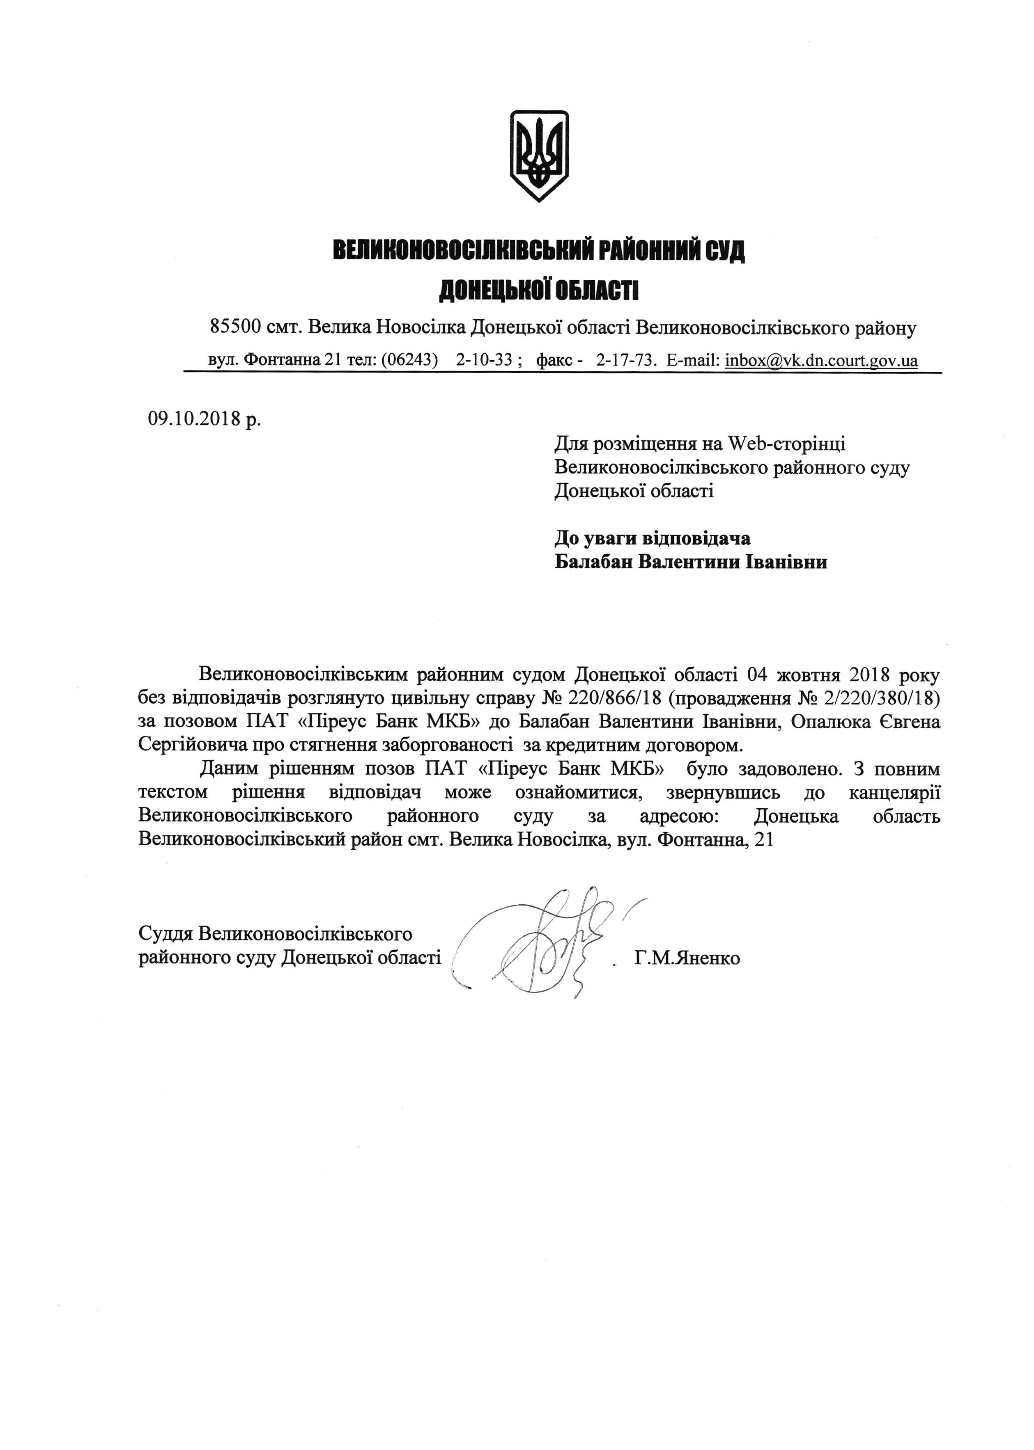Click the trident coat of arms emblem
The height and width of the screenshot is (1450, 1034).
tap(539, 155)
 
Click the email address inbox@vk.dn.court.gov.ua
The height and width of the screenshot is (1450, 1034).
tap(821, 360)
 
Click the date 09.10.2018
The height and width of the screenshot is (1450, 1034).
tap(195, 419)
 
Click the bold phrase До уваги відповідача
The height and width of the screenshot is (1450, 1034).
tap(652, 538)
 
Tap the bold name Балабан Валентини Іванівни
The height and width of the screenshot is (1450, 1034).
tap(691, 562)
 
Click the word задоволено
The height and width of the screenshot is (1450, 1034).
tap(790, 768)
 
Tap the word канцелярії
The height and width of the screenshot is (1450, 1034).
tap(894, 792)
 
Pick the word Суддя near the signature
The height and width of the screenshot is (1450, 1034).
tap(165, 933)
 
